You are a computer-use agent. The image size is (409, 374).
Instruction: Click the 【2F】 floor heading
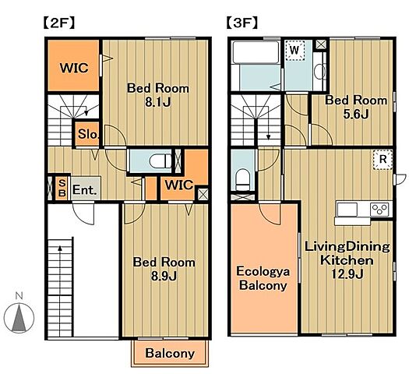click(59, 23)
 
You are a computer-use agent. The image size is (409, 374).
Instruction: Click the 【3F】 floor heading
click(242, 23)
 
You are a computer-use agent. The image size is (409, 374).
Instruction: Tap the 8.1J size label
click(158, 103)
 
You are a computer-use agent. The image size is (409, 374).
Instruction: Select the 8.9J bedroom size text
click(164, 276)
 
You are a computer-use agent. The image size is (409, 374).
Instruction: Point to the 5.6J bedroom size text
click(355, 114)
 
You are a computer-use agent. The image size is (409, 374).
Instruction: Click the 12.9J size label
click(347, 274)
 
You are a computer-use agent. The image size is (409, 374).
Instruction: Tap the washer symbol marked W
click(294, 51)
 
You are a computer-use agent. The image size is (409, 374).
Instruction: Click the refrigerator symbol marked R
click(383, 160)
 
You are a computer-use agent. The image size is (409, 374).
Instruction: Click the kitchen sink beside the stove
click(347, 209)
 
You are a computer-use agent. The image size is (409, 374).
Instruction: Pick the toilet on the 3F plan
click(243, 179)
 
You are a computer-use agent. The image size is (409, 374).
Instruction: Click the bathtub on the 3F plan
click(256, 52)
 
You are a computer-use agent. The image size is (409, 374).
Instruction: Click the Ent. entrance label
click(84, 189)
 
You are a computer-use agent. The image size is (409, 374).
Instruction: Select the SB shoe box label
click(62, 189)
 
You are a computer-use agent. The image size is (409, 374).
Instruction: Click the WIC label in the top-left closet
click(74, 68)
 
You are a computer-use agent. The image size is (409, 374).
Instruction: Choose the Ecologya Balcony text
click(263, 278)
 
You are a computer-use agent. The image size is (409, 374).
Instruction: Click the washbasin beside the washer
click(319, 71)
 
